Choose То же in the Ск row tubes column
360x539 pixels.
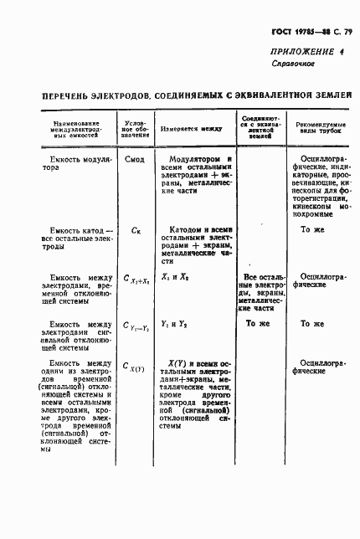311,228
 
